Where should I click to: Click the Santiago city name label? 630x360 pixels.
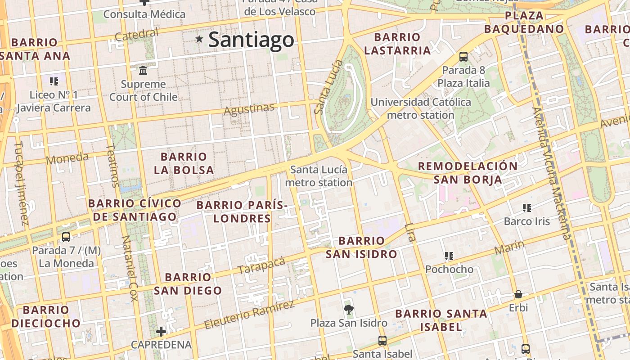pos(251,40)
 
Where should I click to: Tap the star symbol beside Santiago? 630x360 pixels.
pos(199,39)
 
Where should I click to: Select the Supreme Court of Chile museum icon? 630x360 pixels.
pos(144,70)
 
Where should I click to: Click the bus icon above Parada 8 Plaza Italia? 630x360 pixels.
pos(463,57)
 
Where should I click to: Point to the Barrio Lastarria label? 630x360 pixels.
pos(397,44)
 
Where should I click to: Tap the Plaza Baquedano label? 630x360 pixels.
pos(524,22)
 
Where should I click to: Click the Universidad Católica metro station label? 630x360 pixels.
pos(421,108)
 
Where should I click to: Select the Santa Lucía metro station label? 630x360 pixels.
pos(319,176)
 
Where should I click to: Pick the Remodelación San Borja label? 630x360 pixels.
pos(468,173)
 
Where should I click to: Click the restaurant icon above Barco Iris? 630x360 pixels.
pos(527,207)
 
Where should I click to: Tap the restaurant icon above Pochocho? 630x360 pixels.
pos(449,256)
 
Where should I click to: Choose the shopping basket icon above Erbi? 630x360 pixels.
pos(518,295)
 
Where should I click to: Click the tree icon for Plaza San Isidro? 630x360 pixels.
pos(348,309)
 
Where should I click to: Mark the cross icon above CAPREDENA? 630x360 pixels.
pos(161,332)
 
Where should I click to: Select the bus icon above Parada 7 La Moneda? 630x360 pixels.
pos(66,237)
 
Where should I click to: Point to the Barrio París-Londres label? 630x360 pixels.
pos(242,212)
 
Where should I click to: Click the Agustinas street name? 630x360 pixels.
pos(249,109)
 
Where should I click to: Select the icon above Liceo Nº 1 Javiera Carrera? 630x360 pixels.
pos(54,81)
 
